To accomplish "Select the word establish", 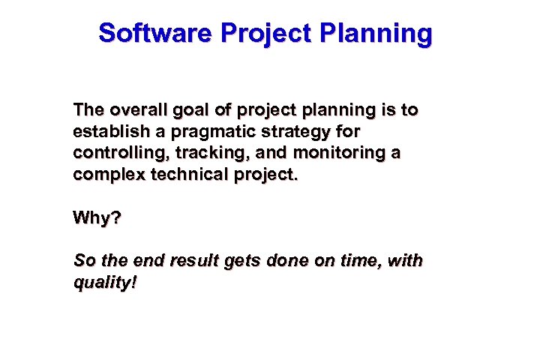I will click(x=106, y=132).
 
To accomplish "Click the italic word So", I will click(x=83, y=261).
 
